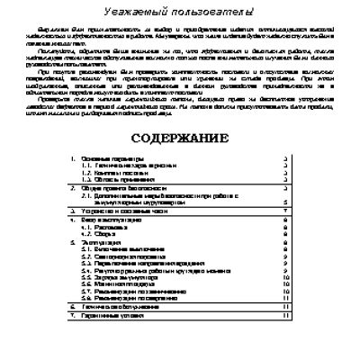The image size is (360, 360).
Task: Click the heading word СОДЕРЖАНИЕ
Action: point(179,140)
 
